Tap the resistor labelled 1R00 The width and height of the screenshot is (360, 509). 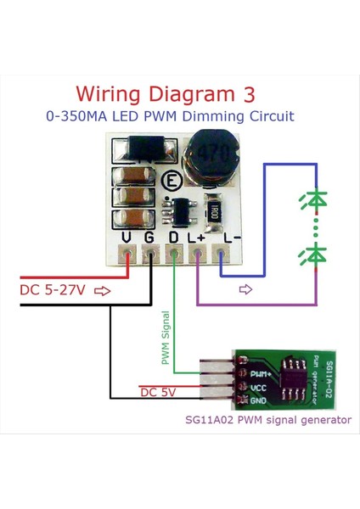pyautogui.click(x=214, y=210)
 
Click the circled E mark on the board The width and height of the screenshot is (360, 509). pyautogui.click(x=172, y=181)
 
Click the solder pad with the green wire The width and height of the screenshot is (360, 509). pyautogui.click(x=175, y=253)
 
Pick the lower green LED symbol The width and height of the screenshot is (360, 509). pyautogui.click(x=315, y=252)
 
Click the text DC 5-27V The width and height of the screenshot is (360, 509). pyautogui.click(x=52, y=291)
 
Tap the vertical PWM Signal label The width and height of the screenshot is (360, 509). pyautogui.click(x=166, y=338)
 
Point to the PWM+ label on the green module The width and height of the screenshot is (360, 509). pyautogui.click(x=261, y=373)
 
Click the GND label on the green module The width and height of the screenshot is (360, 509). pyautogui.click(x=259, y=399)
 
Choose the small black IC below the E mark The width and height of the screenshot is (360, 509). pyautogui.click(x=181, y=207)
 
